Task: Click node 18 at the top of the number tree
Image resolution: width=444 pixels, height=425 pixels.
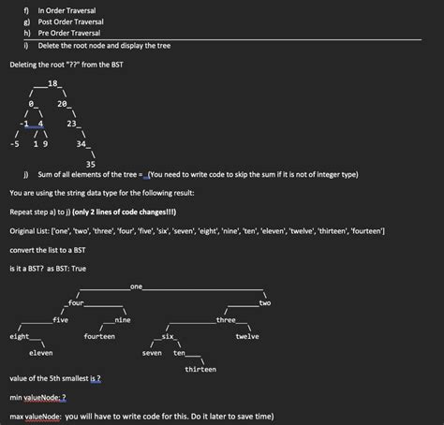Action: pos(53,83)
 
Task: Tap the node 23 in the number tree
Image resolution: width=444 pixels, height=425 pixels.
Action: pos(71,124)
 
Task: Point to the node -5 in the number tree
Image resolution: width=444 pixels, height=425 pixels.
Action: pos(14,144)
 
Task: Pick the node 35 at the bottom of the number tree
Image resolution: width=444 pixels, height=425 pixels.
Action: pos(90,164)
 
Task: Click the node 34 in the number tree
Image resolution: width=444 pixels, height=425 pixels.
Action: pos(81,144)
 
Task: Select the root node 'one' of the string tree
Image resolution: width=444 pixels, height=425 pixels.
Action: pos(137,284)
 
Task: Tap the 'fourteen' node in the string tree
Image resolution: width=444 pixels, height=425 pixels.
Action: pos(99,335)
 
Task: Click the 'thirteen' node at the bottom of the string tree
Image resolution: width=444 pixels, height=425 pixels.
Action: pos(200,369)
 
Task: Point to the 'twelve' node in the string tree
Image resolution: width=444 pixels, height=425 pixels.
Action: pos(247,335)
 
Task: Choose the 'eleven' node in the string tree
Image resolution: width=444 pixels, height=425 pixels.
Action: pos(40,352)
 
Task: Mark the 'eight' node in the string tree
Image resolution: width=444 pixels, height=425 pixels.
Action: pos(19,335)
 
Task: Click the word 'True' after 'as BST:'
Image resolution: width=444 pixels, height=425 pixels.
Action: pos(78,268)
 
